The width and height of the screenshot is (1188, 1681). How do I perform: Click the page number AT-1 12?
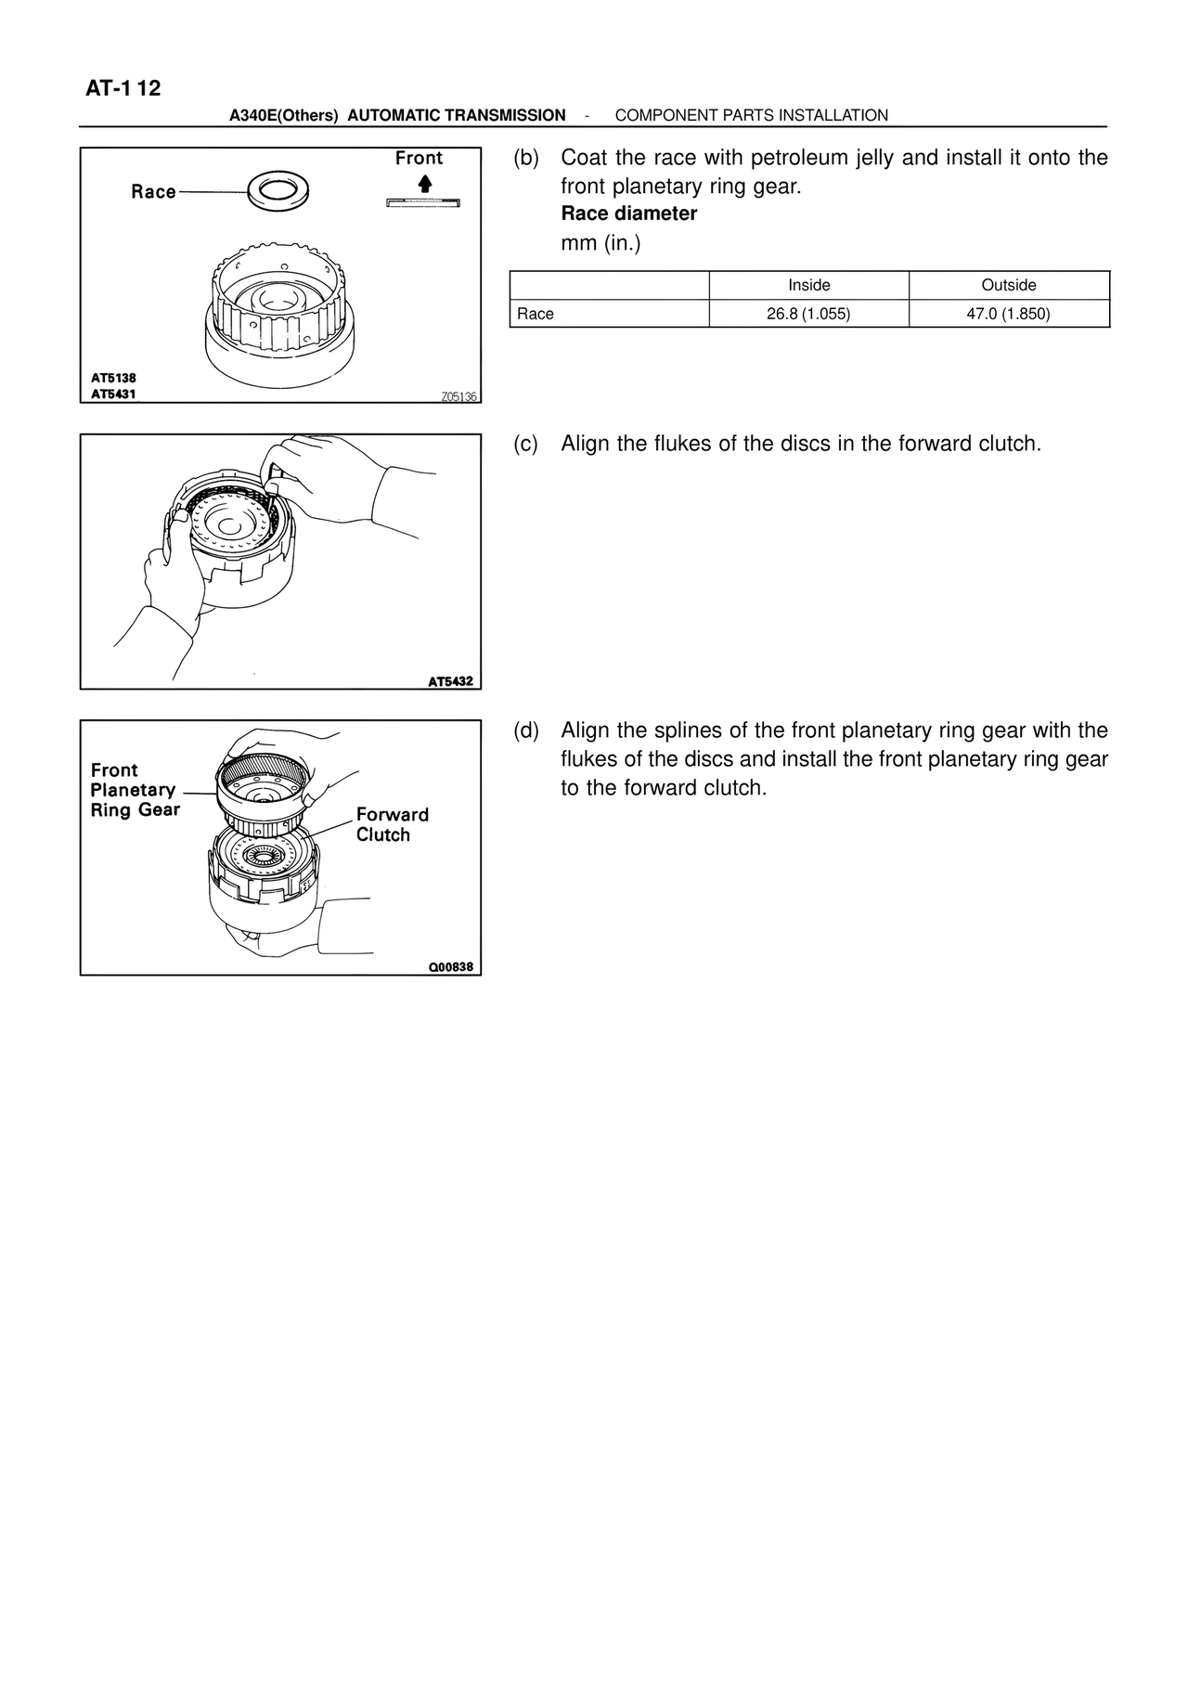click(123, 88)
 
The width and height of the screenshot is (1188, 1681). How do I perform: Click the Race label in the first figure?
click(153, 192)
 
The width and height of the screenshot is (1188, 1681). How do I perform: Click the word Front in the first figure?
click(419, 158)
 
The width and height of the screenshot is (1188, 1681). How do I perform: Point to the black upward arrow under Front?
click(424, 183)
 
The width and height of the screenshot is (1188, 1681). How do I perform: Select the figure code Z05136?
click(458, 396)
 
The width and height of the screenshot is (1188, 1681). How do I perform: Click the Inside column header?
click(808, 285)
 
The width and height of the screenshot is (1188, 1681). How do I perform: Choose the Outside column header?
click(1008, 285)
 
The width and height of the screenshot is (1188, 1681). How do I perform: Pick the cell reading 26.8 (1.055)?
click(808, 314)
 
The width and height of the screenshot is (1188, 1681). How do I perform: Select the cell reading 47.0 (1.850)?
click(1008, 314)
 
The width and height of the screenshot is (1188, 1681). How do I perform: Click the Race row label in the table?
click(536, 314)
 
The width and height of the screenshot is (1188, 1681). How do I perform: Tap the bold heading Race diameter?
click(628, 213)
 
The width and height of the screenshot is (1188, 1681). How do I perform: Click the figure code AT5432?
click(450, 681)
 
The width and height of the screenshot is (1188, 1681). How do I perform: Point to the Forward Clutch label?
click(392, 824)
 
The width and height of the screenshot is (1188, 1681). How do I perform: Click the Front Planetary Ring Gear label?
click(135, 790)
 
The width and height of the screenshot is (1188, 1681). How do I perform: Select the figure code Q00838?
click(450, 967)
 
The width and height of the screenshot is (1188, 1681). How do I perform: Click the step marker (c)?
click(525, 444)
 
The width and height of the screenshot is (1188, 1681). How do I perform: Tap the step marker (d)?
click(525, 731)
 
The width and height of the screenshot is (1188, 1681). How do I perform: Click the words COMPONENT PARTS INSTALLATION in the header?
click(751, 115)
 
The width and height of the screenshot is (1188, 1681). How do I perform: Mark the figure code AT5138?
click(113, 379)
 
